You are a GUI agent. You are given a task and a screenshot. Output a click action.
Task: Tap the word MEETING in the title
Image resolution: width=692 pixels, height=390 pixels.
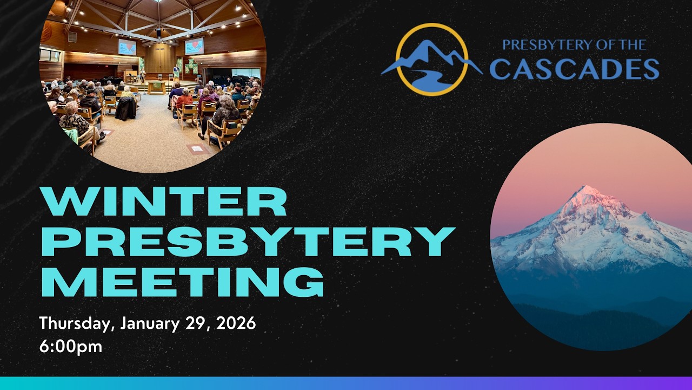pyautogui.click(x=183, y=282)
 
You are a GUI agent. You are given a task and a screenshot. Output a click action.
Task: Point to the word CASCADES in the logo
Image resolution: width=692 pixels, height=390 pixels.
pyautogui.click(x=574, y=69)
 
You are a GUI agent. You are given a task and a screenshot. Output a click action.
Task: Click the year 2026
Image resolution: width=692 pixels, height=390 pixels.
pyautogui.click(x=236, y=324)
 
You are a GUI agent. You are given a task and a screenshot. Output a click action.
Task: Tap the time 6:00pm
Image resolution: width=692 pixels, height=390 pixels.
pyautogui.click(x=70, y=347)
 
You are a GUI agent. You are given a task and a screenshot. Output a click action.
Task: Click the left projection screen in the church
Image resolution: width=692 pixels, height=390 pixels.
pyautogui.click(x=127, y=47)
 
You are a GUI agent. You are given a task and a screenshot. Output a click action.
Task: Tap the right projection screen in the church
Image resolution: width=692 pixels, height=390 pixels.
pyautogui.click(x=194, y=46)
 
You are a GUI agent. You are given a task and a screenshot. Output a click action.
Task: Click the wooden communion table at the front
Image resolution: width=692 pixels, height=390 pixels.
pyautogui.click(x=157, y=87)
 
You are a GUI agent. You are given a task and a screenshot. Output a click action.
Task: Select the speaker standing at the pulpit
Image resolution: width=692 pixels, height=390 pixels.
pyautogui.click(x=176, y=74)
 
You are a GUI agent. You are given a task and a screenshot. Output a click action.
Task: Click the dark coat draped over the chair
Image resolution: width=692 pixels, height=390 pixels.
pyautogui.click(x=125, y=108)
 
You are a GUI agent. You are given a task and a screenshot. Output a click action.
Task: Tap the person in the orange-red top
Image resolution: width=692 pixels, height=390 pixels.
pyautogui.click(x=184, y=101)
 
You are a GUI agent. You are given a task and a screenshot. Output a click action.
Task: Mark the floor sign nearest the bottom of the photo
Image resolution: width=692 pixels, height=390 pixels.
pyautogui.click(x=197, y=148)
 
